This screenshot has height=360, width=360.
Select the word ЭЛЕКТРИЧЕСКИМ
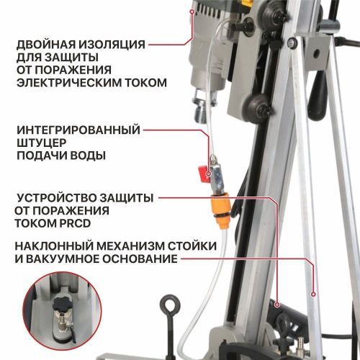tap(68, 82)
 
